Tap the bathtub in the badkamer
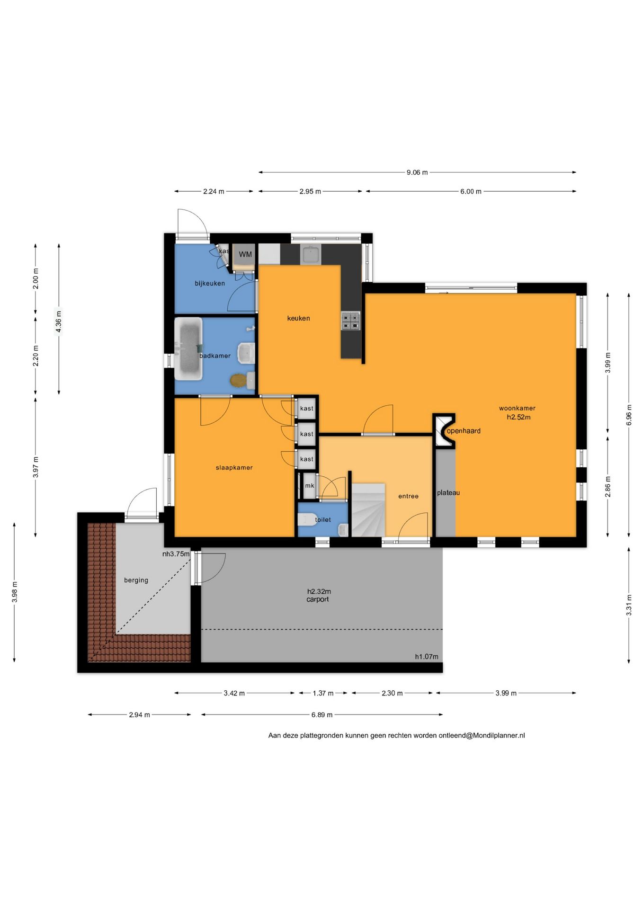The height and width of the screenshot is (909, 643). [188, 348]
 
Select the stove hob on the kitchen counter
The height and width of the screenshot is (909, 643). [350, 321]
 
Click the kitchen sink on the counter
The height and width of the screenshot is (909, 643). [311, 255]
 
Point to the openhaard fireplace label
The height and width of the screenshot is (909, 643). [464, 431]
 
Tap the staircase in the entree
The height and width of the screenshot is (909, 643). [368, 510]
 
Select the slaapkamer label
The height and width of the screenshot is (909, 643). [234, 468]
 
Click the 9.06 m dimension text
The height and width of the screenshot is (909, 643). [417, 172]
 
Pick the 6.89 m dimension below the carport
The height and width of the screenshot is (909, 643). [322, 715]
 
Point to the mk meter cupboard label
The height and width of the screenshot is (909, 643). [310, 486]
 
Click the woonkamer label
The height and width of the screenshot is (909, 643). [517, 408]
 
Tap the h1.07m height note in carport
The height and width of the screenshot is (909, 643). [427, 657]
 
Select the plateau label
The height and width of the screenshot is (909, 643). [448, 493]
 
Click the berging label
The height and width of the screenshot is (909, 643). [136, 580]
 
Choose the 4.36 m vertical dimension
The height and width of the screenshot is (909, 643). [59, 320]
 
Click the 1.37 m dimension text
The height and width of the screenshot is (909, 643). [323, 693]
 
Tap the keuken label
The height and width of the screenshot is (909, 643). [298, 319]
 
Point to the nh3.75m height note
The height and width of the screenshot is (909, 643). [176, 554]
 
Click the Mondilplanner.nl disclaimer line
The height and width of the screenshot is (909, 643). [397, 736]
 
